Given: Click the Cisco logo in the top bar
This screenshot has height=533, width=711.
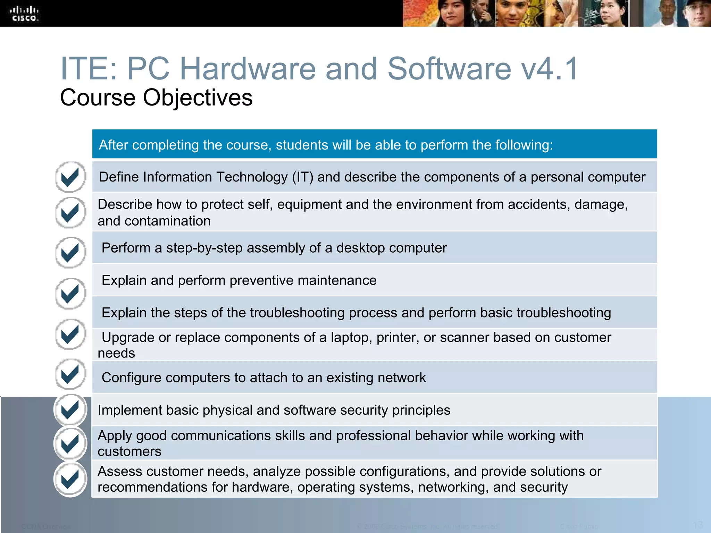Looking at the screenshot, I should tap(24, 14).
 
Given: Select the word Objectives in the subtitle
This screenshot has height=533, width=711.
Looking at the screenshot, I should tap(198, 98).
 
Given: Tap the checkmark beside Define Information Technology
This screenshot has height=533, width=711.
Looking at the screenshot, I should tap(70, 177).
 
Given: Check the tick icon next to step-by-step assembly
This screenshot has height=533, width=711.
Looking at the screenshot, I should tap(70, 252).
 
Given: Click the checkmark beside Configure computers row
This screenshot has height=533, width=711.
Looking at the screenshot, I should tap(70, 374).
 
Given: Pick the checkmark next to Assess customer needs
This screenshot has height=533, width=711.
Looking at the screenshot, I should tap(70, 479).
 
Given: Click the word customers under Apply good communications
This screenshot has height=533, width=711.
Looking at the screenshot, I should tap(129, 451).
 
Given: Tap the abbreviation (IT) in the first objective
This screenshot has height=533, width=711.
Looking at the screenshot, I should tap(302, 177).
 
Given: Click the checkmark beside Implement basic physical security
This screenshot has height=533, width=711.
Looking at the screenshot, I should tap(70, 409).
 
